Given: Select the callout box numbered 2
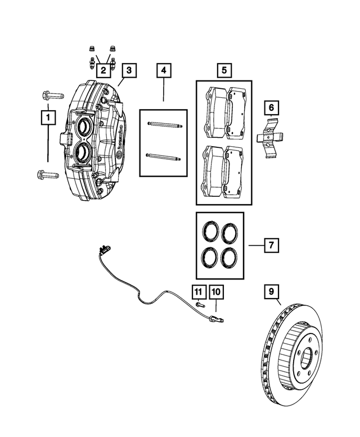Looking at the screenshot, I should [x=103, y=70].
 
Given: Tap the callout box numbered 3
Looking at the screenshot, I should [x=129, y=70].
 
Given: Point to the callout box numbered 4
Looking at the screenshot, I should [x=164, y=70].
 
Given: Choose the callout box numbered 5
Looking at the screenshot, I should [x=223, y=70].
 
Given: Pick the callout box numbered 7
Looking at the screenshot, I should [x=271, y=246].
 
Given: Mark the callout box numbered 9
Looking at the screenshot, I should [x=271, y=291].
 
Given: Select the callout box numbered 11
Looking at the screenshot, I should [x=198, y=291].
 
